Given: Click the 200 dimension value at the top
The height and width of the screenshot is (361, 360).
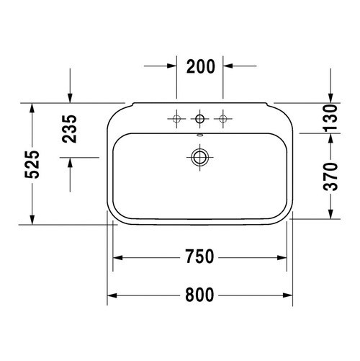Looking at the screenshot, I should (x=200, y=67).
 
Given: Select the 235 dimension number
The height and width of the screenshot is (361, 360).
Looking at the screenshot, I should (x=70, y=129).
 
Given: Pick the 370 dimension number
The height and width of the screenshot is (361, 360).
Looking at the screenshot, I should (x=330, y=176).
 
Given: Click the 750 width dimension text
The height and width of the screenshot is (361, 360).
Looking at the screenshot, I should (x=200, y=257).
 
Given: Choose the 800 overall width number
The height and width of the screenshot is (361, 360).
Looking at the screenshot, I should (x=200, y=294).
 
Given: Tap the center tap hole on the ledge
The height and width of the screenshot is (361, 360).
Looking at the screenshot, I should (x=199, y=117).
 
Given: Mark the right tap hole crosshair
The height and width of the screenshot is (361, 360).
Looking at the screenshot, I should (x=224, y=117).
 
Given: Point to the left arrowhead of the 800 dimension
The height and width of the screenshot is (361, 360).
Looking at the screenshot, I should (x=112, y=294).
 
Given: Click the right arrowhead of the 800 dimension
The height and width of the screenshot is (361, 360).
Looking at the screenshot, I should (x=288, y=294).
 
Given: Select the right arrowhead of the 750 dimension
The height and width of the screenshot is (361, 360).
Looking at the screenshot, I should (x=282, y=257).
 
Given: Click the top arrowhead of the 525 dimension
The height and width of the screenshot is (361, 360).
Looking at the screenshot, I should (x=32, y=107).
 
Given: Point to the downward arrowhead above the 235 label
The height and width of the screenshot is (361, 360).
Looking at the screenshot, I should (x=70, y=98).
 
